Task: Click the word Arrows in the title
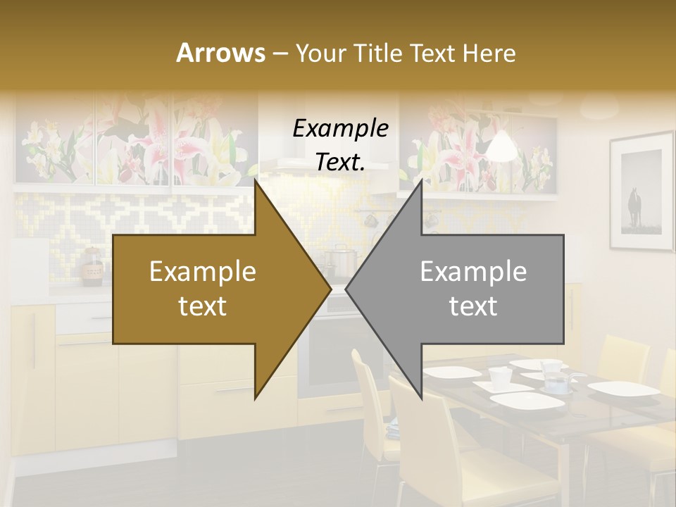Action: click(x=220, y=54)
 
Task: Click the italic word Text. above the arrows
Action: click(x=340, y=162)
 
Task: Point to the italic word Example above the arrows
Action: click(x=340, y=128)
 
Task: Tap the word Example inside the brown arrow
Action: click(x=203, y=272)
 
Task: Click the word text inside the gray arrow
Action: click(x=473, y=306)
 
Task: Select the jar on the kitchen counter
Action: click(x=92, y=268)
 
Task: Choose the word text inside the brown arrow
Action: click(x=203, y=306)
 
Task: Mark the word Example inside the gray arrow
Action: click(x=473, y=272)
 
